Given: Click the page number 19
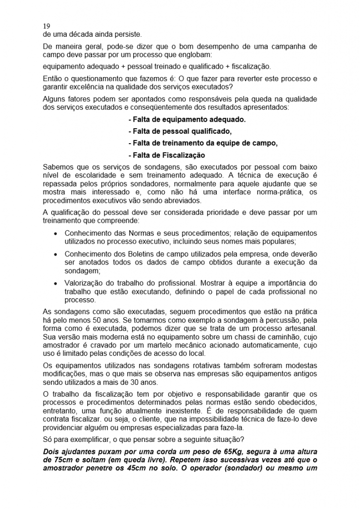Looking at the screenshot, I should point(47,26).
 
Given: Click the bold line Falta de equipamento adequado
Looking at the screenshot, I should point(187,120).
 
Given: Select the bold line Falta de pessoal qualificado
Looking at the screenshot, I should point(180,131).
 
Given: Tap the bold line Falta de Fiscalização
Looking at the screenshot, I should point(167,155).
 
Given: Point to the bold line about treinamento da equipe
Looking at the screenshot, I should point(202,143).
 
